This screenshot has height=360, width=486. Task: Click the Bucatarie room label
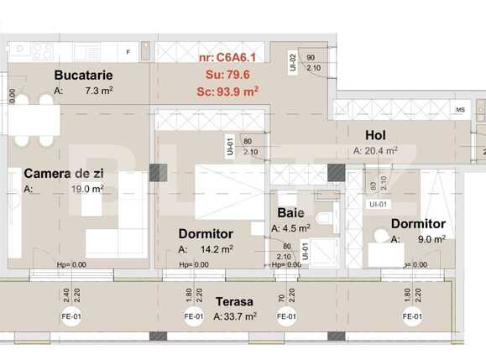(83, 75)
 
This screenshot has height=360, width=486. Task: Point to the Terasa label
(235, 301)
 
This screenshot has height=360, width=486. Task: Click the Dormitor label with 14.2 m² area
(206, 233)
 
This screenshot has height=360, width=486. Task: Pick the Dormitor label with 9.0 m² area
(418, 224)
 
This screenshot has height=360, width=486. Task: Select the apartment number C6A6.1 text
(227, 58)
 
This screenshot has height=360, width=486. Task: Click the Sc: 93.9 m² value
(228, 92)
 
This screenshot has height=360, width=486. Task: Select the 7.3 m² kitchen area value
(96, 90)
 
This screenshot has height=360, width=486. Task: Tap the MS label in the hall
(460, 110)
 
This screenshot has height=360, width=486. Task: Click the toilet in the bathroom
(327, 220)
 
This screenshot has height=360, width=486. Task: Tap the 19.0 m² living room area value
(86, 190)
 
